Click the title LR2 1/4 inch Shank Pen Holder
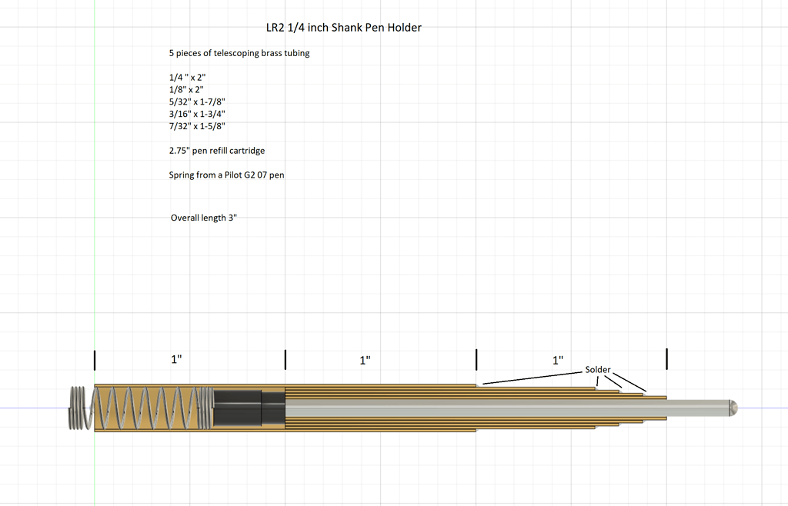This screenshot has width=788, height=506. [344, 28]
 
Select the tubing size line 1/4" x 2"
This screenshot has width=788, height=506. [188, 78]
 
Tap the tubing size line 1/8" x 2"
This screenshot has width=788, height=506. [186, 89]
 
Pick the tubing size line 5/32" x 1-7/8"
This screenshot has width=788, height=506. [197, 102]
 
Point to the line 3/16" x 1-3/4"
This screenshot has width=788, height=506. [197, 114]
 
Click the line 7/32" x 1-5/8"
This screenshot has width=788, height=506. [197, 126]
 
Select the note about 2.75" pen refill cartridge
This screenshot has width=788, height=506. [217, 151]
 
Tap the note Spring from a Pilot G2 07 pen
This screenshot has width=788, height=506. [227, 175]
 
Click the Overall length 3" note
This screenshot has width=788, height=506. [203, 218]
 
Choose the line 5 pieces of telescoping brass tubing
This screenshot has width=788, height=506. [239, 53]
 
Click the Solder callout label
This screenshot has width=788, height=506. [597, 369]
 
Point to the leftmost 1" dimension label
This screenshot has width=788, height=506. [176, 359]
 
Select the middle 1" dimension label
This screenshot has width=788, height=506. [366, 360]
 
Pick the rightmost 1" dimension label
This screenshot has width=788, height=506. [558, 360]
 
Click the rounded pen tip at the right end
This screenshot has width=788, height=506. [733, 407]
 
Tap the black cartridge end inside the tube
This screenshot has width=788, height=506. [249, 408]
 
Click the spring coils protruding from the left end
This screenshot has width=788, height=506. [78, 408]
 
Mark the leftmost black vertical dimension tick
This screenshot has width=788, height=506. [95, 360]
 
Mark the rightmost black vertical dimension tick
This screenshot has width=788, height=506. [667, 359]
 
